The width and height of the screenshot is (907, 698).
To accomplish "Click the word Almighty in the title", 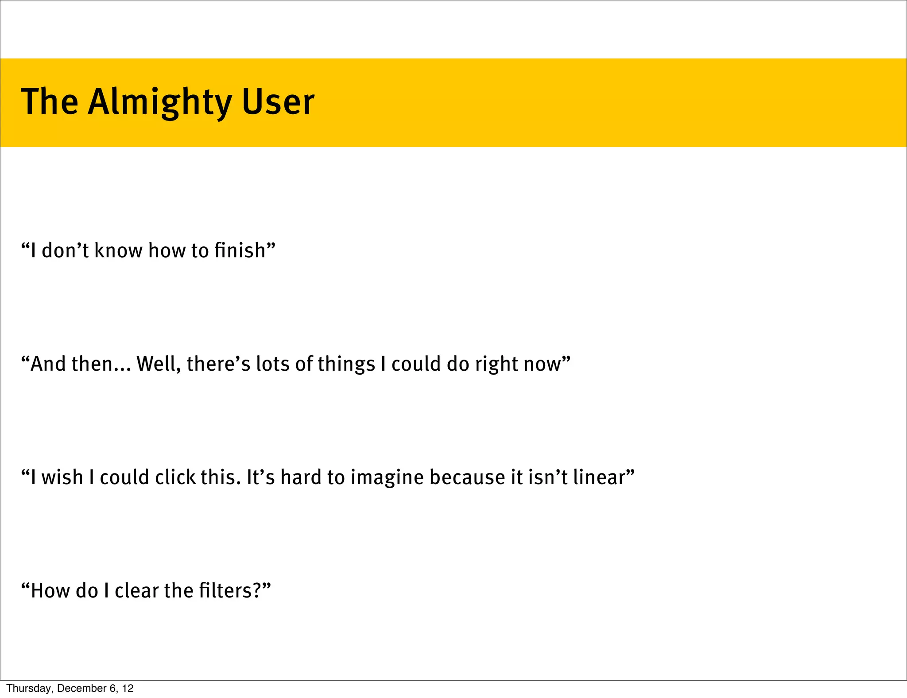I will pos(159,102).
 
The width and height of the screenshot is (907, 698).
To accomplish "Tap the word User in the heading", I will pos(278,102).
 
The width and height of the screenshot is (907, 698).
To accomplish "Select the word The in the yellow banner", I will pos(50,102).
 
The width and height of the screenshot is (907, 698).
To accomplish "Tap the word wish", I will pos(62,477).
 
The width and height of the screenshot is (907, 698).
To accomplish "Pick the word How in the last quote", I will pos(48,591).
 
